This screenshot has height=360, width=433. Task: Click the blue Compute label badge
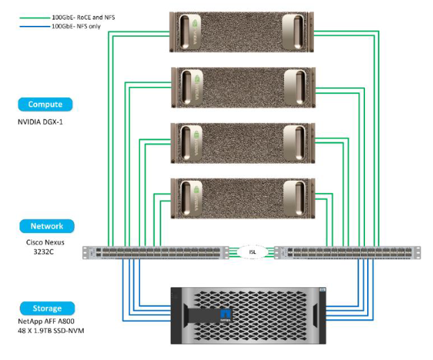(45, 105)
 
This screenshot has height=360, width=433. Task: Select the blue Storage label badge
(45, 308)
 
